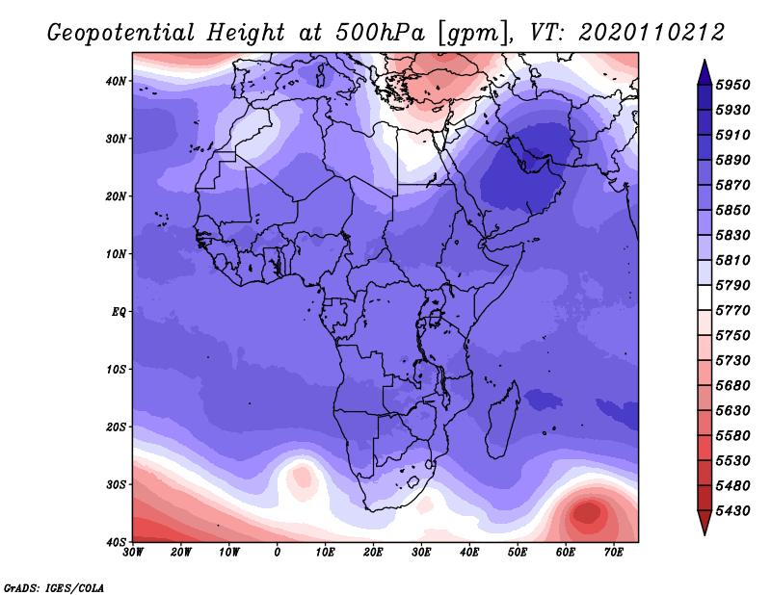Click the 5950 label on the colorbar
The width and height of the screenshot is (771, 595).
click(732, 85)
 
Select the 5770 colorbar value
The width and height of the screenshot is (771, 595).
click(732, 311)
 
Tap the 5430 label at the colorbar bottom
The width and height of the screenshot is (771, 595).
click(732, 511)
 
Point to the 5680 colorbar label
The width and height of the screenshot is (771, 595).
click(732, 386)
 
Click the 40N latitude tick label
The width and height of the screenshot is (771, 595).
click(116, 81)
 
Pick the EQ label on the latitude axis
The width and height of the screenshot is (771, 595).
click(119, 312)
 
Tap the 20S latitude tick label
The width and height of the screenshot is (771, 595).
click(116, 427)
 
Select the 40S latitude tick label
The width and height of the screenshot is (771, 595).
click(116, 542)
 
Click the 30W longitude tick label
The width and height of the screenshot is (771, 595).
click(133, 553)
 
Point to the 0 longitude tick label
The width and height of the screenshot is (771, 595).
click(278, 553)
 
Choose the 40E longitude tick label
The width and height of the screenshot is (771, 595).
click(469, 553)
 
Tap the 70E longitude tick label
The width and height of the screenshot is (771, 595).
click(614, 553)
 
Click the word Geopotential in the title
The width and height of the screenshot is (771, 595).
click(121, 34)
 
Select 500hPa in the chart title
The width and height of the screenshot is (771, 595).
click(380, 33)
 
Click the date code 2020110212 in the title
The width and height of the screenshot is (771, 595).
click(651, 33)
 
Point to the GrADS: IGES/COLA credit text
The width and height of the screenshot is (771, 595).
click(54, 587)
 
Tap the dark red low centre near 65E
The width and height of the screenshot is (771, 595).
click(587, 513)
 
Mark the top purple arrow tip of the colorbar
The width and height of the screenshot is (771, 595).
click(705, 61)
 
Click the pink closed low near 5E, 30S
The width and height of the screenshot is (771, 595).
click(302, 477)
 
